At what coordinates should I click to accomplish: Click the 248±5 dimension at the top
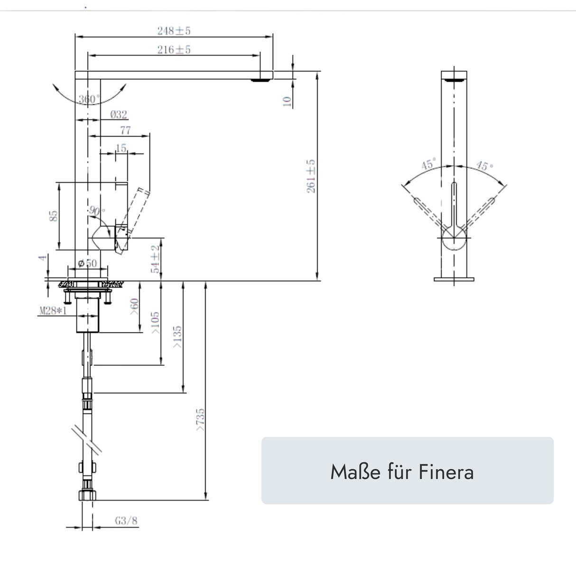pyautogui.click(x=174, y=31)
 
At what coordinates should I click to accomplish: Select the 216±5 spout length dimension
pyautogui.click(x=174, y=50)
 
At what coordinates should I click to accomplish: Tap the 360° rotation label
pyautogui.click(x=89, y=100)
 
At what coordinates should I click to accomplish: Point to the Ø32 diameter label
pyautogui.click(x=118, y=114)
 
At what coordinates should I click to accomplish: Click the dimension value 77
pyautogui.click(x=125, y=130)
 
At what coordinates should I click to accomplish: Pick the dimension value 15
pyautogui.click(x=121, y=149)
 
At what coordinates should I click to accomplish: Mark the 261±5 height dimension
pyautogui.click(x=311, y=176)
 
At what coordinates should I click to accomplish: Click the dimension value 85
pyautogui.click(x=54, y=216)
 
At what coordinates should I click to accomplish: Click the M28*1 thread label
pyautogui.click(x=52, y=311)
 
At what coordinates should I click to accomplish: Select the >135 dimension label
pyautogui.click(x=178, y=337)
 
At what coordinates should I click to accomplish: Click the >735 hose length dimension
pyautogui.click(x=200, y=420)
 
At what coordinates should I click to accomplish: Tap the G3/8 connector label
pyautogui.click(x=126, y=521)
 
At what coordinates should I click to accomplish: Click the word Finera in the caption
pyautogui.click(x=446, y=472)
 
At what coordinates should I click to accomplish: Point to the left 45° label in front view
pyautogui.click(x=428, y=165)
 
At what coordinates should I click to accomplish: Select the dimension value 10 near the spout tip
pyautogui.click(x=287, y=101)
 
